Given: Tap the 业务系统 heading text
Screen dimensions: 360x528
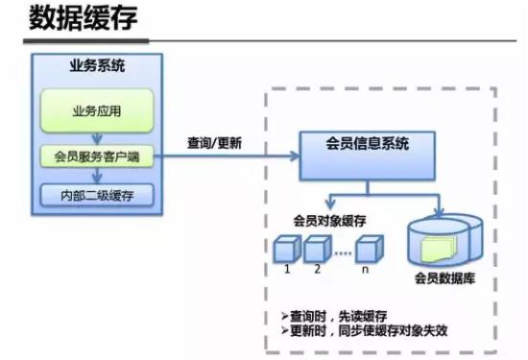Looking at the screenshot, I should (97, 67).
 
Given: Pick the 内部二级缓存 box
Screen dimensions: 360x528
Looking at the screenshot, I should (97, 195).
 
